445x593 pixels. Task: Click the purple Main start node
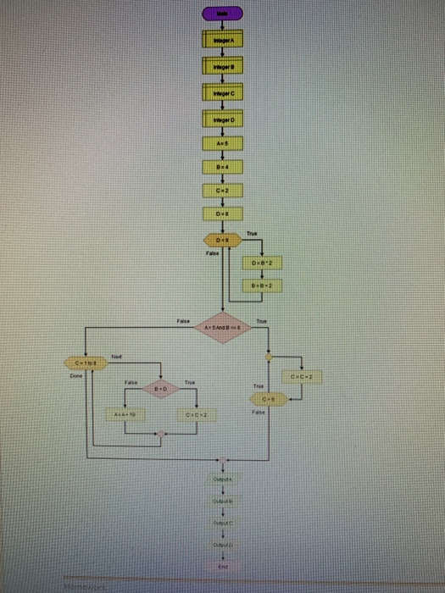click(x=222, y=14)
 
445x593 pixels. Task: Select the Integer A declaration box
click(x=222, y=39)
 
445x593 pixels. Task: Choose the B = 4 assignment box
click(x=222, y=169)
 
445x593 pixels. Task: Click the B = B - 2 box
click(x=262, y=286)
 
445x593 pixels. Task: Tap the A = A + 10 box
click(x=125, y=416)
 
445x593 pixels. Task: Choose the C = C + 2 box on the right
click(x=304, y=375)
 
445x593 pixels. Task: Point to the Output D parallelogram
click(x=222, y=546)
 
